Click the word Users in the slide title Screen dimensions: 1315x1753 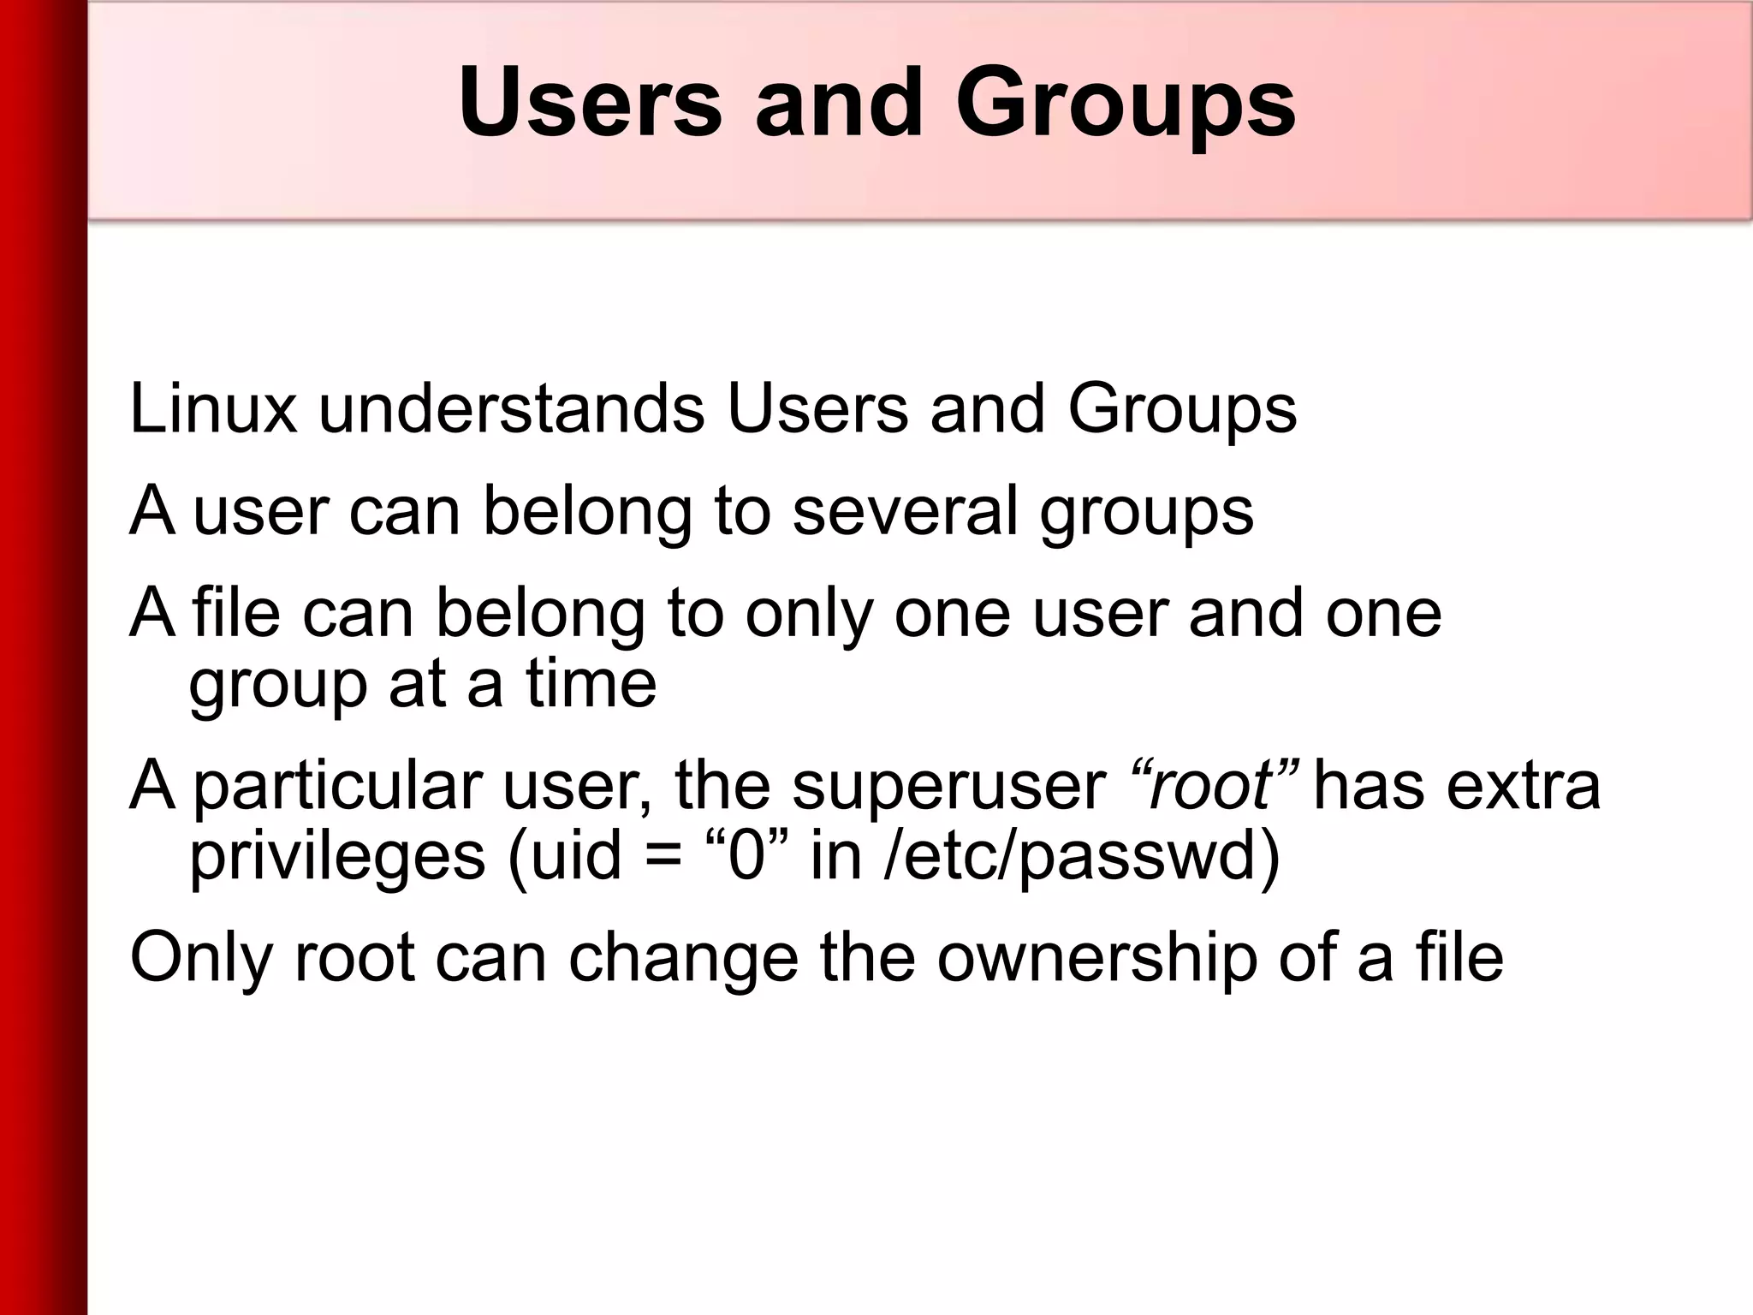click(590, 103)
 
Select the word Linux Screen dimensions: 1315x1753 click(213, 408)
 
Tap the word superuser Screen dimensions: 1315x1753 click(948, 786)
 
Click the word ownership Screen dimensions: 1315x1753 click(1096, 957)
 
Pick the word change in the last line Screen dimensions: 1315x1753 click(683, 957)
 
